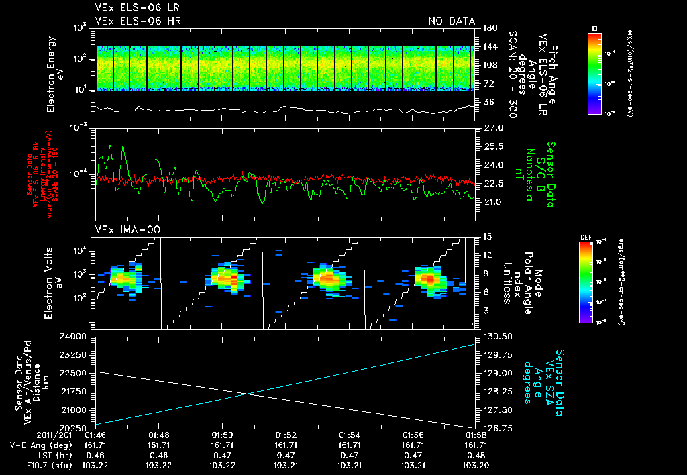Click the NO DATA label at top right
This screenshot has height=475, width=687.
pyautogui.click(x=451, y=21)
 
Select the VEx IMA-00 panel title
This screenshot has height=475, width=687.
pyautogui.click(x=121, y=230)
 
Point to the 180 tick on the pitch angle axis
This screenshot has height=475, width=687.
pyautogui.click(x=489, y=28)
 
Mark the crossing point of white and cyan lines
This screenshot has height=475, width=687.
pyautogui.click(x=249, y=393)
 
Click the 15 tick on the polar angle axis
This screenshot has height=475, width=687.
pyautogui.click(x=487, y=236)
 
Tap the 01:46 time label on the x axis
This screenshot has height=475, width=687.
pyautogui.click(x=95, y=435)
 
